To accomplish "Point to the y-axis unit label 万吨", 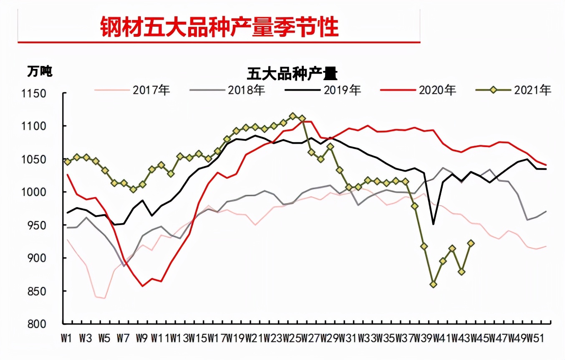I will (x=40, y=71).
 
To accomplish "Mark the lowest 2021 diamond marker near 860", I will (x=434, y=284).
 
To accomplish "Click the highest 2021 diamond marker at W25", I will (x=293, y=116).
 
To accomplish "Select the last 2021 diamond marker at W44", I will (x=471, y=243).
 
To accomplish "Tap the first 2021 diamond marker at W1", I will (x=68, y=162).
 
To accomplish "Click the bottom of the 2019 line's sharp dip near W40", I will (x=434, y=224).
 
